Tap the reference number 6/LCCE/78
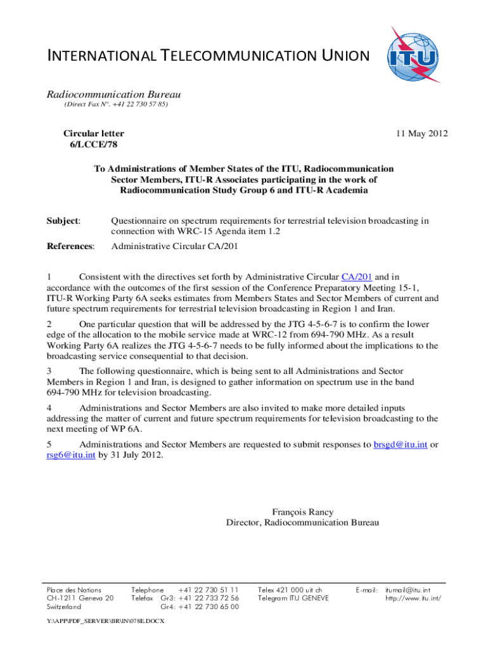(93, 145)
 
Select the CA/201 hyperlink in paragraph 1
(357, 276)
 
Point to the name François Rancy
(302, 512)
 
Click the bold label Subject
(63, 221)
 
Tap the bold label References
(70, 246)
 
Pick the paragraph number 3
(49, 370)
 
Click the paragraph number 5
(49, 444)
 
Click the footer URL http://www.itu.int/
(413, 598)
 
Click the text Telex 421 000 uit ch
(290, 589)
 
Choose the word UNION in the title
(338, 56)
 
